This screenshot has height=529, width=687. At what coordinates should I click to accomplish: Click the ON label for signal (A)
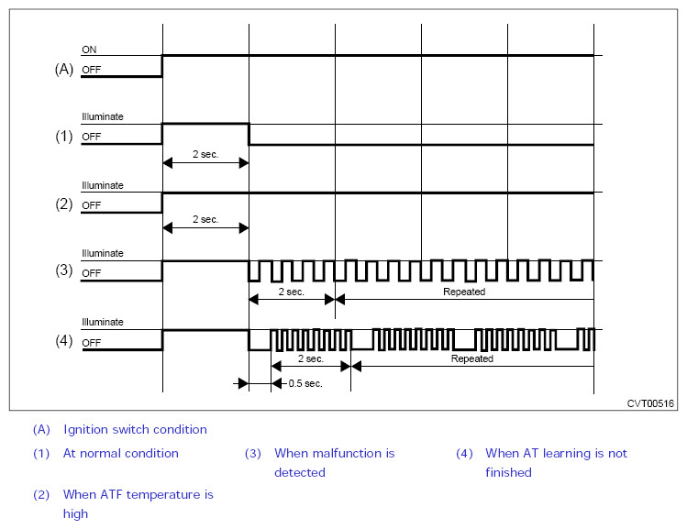89,50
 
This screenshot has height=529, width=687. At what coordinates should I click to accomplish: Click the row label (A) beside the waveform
64,69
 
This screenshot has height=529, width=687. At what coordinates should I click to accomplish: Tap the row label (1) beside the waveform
64,137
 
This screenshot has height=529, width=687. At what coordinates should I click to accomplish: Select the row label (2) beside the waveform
64,204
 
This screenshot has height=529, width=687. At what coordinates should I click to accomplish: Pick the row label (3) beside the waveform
64,270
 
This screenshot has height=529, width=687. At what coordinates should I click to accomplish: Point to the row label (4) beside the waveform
64,340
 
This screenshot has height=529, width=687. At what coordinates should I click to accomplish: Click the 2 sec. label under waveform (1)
205,154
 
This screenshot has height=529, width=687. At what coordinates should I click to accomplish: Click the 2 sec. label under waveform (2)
205,219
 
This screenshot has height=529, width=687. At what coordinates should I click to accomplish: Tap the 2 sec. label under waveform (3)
292,292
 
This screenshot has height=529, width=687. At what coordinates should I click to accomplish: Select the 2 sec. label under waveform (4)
311,358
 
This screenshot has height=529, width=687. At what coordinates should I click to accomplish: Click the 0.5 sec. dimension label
305,383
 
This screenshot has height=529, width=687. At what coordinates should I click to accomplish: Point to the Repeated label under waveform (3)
464,292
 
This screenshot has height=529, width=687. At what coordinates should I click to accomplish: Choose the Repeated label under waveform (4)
471,358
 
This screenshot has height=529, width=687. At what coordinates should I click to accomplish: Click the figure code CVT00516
650,403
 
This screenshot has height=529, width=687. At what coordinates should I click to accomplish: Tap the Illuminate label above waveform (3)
103,253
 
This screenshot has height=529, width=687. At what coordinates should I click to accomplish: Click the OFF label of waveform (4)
92,343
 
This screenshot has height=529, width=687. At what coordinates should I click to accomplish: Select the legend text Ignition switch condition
135,430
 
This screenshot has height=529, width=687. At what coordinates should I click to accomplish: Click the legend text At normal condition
121,453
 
